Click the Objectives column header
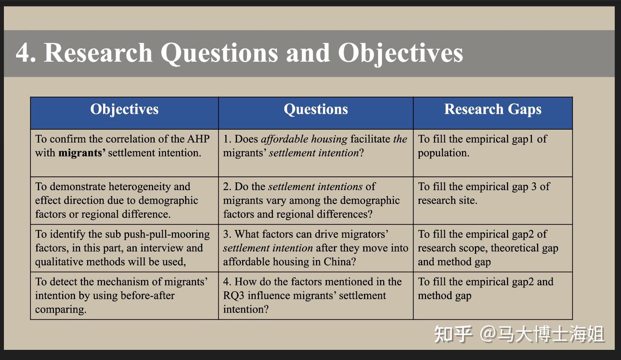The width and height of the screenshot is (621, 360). point(124,109)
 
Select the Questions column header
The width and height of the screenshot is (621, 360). point(316,109)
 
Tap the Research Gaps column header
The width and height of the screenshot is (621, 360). point(492,109)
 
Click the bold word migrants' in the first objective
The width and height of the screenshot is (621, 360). point(82,153)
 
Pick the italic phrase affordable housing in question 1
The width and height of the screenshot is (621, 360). point(304,139)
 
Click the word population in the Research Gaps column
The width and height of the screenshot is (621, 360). point(443,153)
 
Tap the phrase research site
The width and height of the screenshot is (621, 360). point(447,200)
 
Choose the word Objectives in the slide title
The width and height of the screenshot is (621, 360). point(400,53)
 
